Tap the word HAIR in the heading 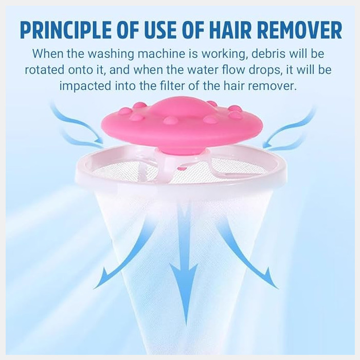click(x=230, y=30)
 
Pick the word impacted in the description click(x=85, y=86)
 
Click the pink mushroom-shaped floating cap click(x=180, y=124)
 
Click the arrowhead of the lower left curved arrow click(x=95, y=287)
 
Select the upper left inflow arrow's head click(x=103, y=142)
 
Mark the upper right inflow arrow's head click(x=264, y=145)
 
